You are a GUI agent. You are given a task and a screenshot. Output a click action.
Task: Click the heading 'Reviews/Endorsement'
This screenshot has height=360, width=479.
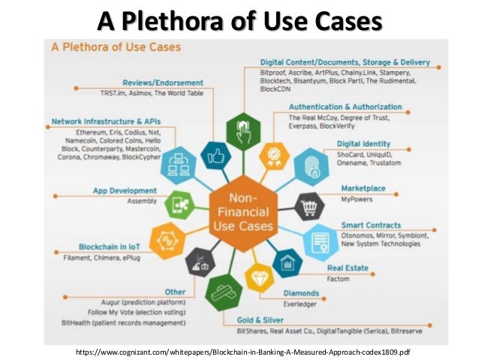pyautogui.click(x=163, y=83)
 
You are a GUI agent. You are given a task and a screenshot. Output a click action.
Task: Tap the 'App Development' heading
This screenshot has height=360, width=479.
pyautogui.click(x=124, y=191)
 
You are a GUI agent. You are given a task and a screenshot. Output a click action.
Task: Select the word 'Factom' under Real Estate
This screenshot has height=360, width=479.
pyautogui.click(x=338, y=278)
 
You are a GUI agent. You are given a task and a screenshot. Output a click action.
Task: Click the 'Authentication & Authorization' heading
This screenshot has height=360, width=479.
pyautogui.click(x=345, y=107)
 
